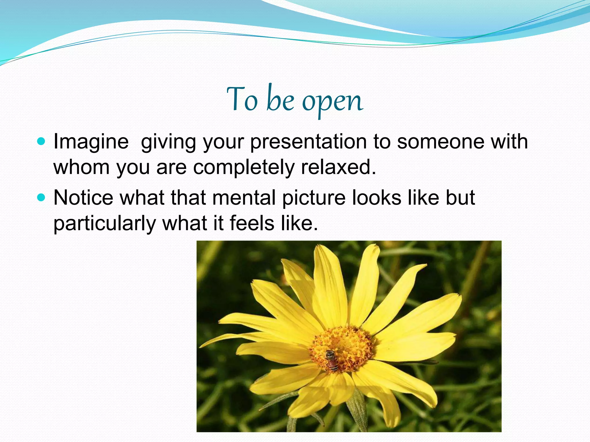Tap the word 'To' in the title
(x=242, y=99)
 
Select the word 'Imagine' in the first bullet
(x=91, y=142)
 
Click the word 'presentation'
(x=308, y=142)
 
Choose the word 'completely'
(x=243, y=167)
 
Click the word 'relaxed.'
(x=339, y=167)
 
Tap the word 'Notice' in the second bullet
(x=83, y=198)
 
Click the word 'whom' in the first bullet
(x=81, y=167)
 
